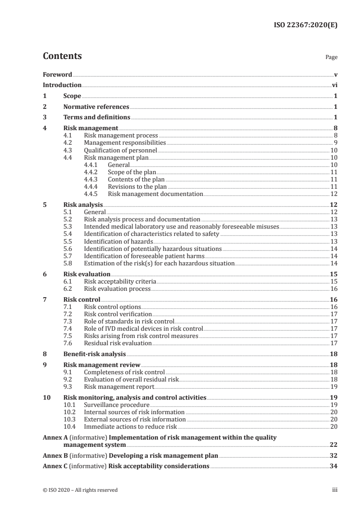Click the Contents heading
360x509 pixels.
click(x=62, y=56)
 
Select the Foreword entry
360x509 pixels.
click(x=57, y=74)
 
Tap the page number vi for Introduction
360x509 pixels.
click(x=334, y=85)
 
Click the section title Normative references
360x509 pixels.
click(x=96, y=107)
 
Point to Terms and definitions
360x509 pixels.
click(x=97, y=117)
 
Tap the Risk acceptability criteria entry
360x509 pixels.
click(x=120, y=281)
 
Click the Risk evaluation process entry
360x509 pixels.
click(x=117, y=289)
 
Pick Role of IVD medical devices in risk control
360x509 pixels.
click(x=143, y=328)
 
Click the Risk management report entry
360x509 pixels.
click(x=119, y=387)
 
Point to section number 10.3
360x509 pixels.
click(x=69, y=420)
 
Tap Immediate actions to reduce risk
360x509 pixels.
click(x=130, y=427)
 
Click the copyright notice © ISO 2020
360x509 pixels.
click(x=80, y=490)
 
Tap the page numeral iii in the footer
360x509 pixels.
click(x=335, y=490)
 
